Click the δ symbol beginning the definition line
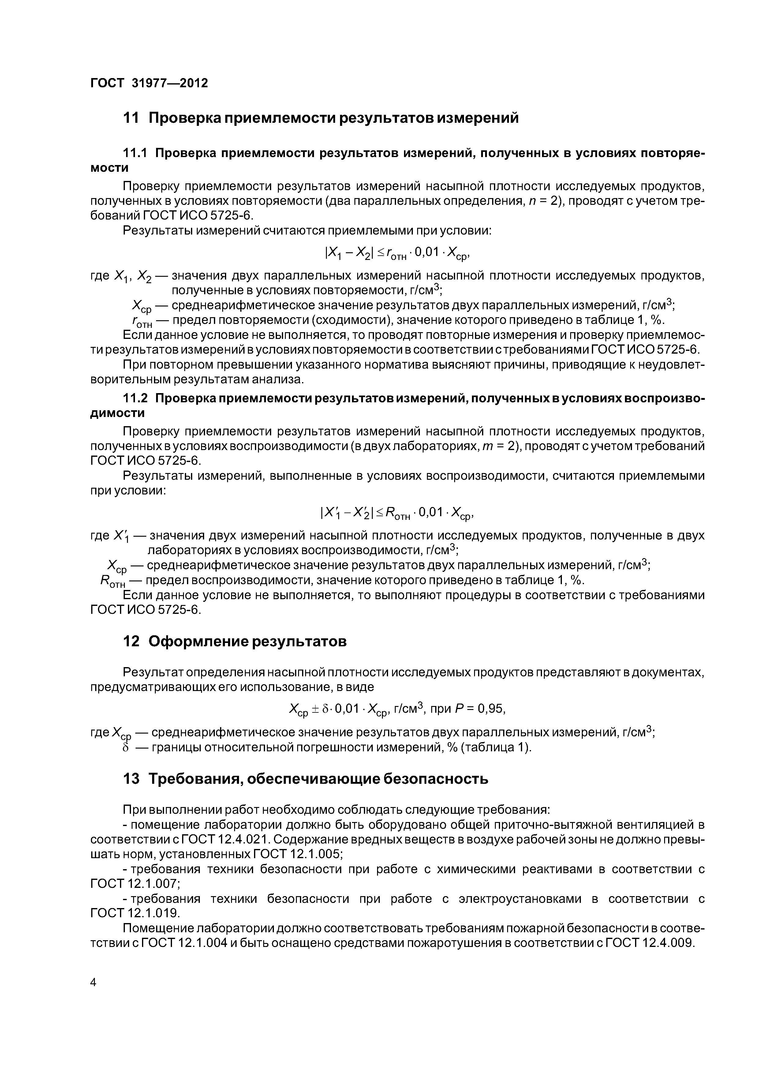(x=124, y=748)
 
